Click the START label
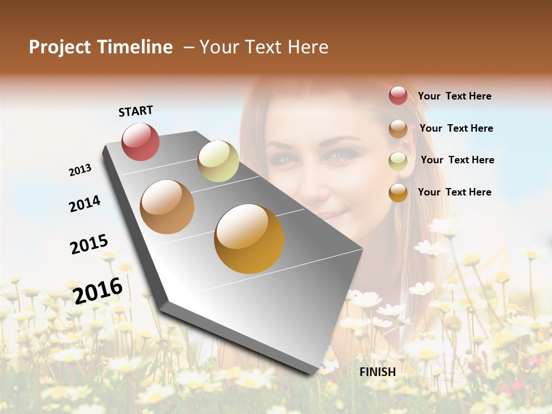(136, 111)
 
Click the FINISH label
(378, 372)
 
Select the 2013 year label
(80, 170)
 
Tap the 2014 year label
(85, 204)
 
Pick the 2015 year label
(89, 244)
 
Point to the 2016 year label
(98, 290)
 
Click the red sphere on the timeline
(140, 141)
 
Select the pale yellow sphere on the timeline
(218, 161)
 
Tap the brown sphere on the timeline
(167, 207)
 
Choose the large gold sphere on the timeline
(249, 239)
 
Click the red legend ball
(398, 95)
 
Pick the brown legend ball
(398, 129)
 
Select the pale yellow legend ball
(398, 161)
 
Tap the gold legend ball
(398, 193)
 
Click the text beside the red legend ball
(454, 96)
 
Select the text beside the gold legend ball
(454, 192)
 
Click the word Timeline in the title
(135, 47)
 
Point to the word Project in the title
(60, 47)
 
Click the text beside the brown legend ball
(456, 128)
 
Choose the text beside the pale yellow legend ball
(457, 160)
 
